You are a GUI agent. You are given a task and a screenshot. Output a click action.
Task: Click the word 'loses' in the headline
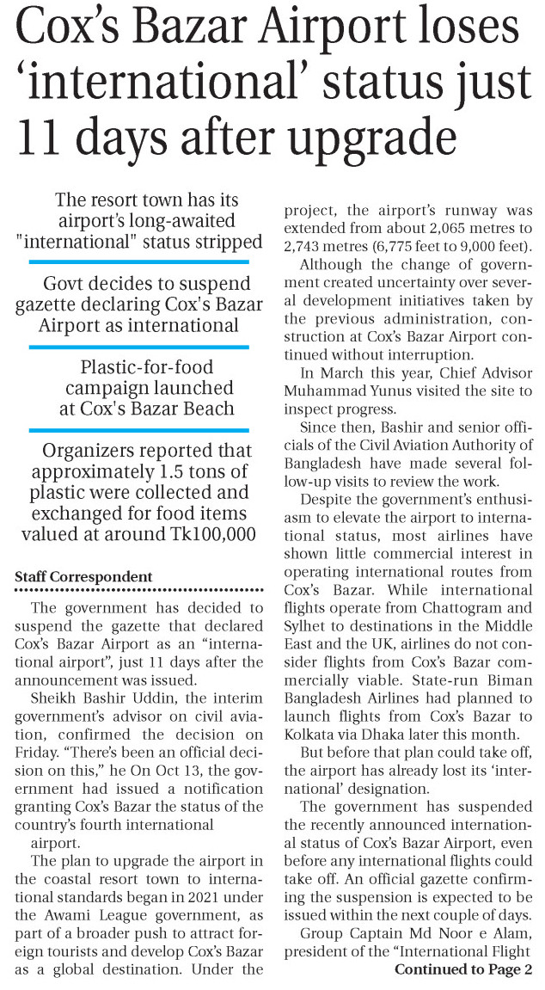tap(463, 29)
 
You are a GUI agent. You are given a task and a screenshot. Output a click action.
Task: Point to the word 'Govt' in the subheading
tap(68, 284)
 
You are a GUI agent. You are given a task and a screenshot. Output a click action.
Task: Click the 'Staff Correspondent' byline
tap(84, 577)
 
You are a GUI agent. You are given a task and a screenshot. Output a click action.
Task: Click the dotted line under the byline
tap(138, 590)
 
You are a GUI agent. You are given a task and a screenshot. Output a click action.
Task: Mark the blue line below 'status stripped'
tap(138, 261)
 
